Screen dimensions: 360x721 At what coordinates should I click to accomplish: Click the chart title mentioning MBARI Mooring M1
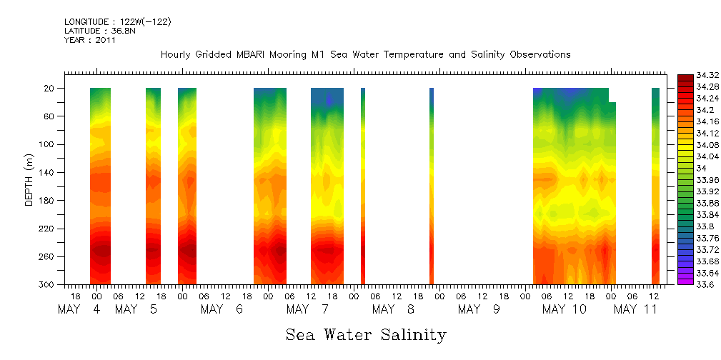[x=365, y=55]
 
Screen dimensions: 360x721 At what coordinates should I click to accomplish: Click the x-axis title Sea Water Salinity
[x=366, y=335]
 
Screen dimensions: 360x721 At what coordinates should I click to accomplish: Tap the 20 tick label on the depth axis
[x=51, y=89]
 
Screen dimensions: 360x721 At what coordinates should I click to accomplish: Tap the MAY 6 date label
[x=222, y=310]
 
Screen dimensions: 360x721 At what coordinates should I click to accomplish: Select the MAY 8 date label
[x=390, y=310]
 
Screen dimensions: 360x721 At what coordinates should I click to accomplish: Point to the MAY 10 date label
[x=565, y=310]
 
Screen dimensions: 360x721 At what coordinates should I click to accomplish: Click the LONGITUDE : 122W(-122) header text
[x=117, y=22]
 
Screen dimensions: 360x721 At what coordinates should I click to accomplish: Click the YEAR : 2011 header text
[x=89, y=41]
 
